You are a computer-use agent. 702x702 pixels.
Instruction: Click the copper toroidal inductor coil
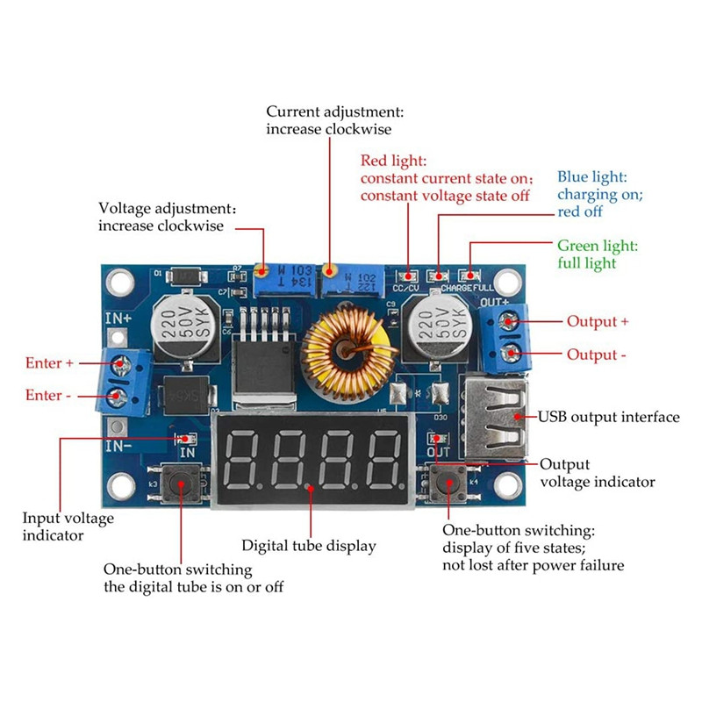tap(346, 350)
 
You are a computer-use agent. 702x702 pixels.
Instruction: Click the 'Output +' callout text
tap(598, 321)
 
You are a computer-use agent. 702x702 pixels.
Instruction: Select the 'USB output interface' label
tap(608, 417)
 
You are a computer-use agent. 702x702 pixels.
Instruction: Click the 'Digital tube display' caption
tap(309, 546)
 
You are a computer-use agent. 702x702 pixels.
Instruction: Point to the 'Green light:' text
tap(598, 246)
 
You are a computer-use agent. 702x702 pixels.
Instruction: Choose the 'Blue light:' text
tap(592, 177)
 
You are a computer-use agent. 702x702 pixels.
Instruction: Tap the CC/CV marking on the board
tap(405, 287)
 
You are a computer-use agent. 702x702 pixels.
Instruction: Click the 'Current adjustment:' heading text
tap(335, 112)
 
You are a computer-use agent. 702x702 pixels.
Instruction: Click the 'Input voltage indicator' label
tap(68, 526)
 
